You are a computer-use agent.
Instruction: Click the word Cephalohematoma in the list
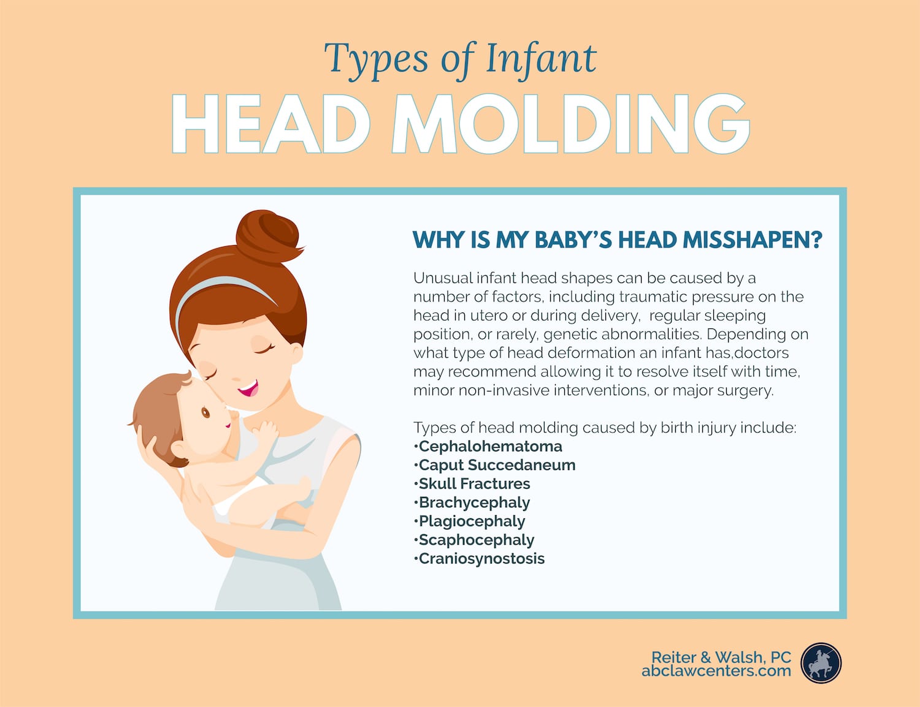point(490,446)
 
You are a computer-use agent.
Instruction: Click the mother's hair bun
point(269,237)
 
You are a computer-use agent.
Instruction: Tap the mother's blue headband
point(220,296)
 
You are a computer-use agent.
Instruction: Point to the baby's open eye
point(205,412)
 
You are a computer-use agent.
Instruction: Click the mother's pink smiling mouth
point(248,388)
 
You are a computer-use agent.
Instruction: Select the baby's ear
point(179,451)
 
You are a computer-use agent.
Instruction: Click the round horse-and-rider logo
point(821,663)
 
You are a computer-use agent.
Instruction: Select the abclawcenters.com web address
point(716,671)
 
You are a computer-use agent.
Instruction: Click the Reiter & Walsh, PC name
point(721,657)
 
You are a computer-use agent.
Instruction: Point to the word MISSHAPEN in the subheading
point(752,240)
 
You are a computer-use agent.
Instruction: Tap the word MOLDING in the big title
point(570,124)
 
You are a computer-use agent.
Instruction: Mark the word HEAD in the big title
point(271,124)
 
